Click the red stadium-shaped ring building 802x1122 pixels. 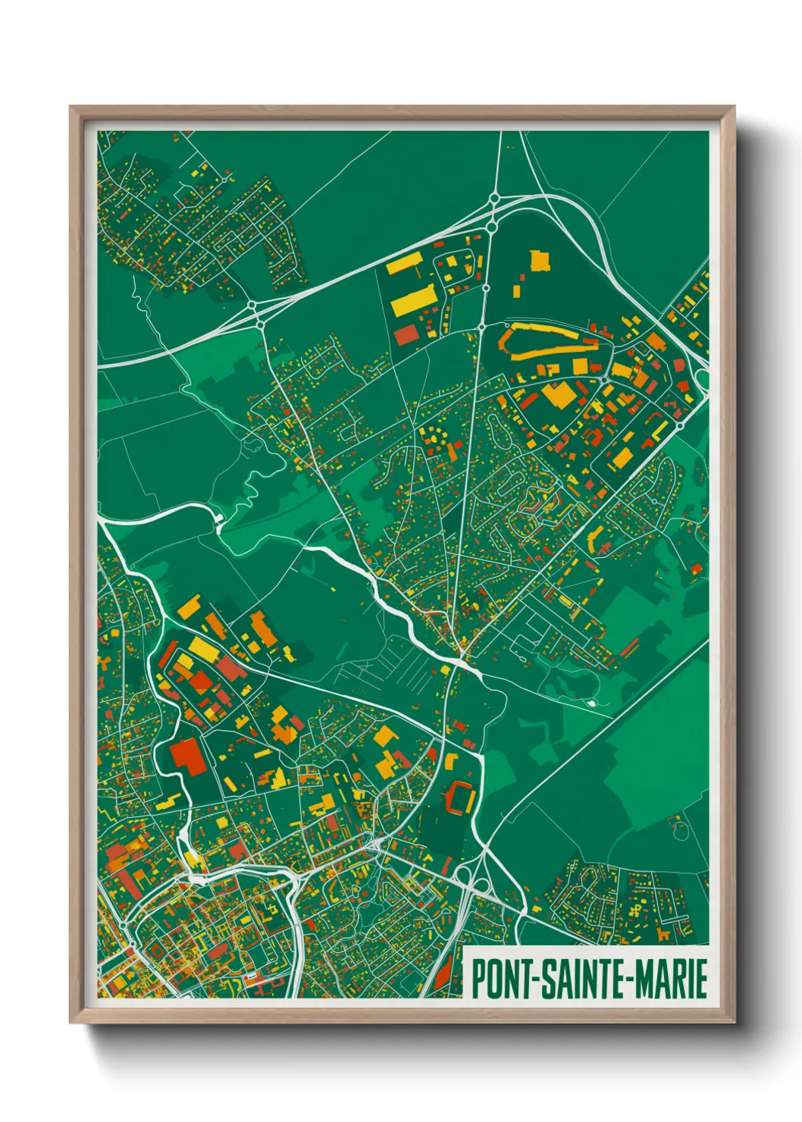click(460, 797)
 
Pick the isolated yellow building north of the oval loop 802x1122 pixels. click(539, 260)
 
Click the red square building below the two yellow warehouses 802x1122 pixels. click(406, 334)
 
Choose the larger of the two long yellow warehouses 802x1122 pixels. click(414, 300)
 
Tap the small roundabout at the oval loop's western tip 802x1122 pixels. click(483, 327)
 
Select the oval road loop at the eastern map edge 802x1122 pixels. click(700, 379)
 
